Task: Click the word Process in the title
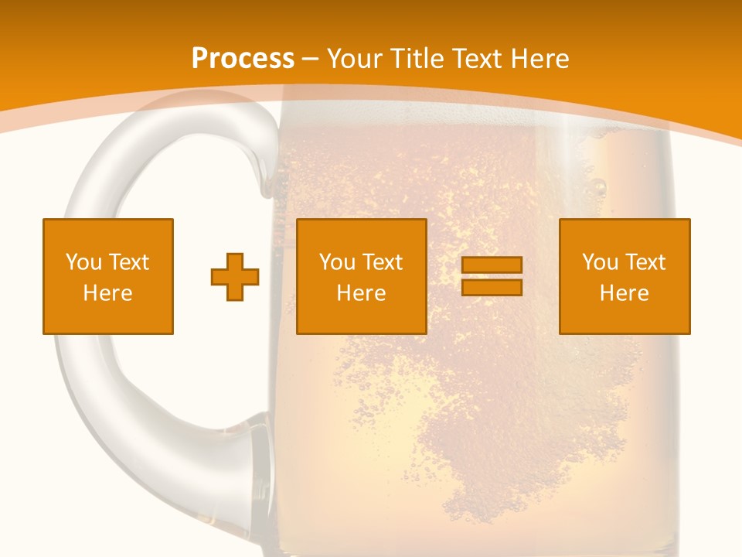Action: click(243, 59)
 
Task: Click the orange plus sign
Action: click(235, 277)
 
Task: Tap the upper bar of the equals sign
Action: click(492, 265)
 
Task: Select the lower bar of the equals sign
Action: click(492, 288)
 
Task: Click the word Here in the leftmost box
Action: click(108, 293)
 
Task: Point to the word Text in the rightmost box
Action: click(646, 262)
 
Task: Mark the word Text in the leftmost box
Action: click(130, 262)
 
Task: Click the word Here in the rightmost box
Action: click(624, 293)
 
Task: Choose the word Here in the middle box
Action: click(361, 293)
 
